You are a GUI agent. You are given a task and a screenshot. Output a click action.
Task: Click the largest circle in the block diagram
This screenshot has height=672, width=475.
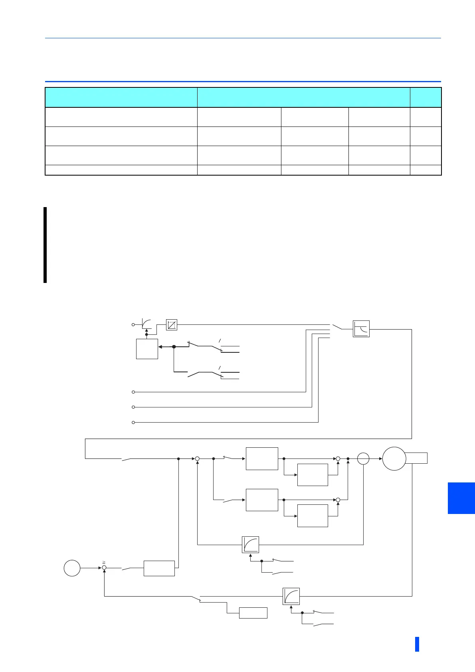pos(394,459)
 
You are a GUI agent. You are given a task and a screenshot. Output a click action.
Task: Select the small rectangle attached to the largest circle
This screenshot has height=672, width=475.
pos(417,458)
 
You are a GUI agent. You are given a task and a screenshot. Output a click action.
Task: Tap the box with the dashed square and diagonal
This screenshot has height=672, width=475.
pos(171,325)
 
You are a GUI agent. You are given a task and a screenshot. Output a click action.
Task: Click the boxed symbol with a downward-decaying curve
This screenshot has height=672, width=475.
pos(361,329)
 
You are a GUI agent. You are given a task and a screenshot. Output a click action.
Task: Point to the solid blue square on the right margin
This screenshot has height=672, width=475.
pos(461,498)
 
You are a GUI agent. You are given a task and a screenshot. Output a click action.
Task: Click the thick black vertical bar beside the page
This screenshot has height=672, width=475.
pos(45,245)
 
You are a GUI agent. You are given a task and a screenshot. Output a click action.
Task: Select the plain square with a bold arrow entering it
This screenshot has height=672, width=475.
pos(147,349)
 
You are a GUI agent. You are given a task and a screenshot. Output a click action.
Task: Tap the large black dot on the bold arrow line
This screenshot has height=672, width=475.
pos(174,347)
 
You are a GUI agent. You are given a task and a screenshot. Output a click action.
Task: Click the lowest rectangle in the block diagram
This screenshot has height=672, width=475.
pos(253,613)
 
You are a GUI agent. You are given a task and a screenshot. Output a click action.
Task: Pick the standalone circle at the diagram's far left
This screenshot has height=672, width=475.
pos(72,568)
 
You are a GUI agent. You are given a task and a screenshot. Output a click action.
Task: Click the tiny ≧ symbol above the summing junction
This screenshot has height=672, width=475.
pos(103,562)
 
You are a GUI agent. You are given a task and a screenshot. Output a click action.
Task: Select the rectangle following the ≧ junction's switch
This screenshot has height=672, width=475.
pos(159,568)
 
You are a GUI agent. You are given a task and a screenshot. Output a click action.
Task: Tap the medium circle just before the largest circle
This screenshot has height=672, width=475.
pos(363,459)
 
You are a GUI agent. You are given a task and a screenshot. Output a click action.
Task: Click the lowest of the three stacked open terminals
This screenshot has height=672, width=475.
pos(133,422)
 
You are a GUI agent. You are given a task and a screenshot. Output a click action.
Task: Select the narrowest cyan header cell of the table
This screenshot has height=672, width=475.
pos(426,97)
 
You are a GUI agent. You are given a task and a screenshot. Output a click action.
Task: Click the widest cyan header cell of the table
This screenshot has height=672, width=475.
pos(303,97)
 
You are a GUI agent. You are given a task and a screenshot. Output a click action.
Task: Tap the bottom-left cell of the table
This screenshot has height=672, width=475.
pos(121,170)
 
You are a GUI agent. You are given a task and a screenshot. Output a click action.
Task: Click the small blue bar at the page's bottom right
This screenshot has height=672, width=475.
pos(417,644)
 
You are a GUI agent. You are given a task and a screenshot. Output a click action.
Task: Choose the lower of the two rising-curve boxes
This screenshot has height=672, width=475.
pos(291,596)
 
